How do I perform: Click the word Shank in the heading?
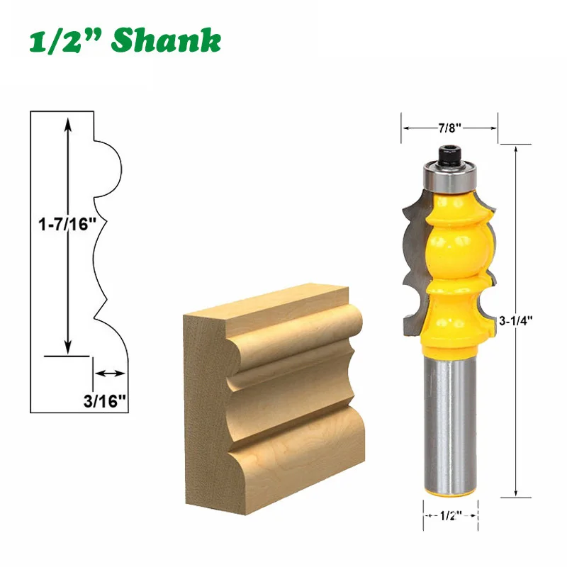(x=166, y=40)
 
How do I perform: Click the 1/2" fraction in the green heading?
(x=64, y=40)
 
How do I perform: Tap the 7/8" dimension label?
(x=449, y=128)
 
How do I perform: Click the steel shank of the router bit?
(x=450, y=425)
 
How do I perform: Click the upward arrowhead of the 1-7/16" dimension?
(x=68, y=122)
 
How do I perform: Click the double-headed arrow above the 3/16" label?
(x=110, y=373)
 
